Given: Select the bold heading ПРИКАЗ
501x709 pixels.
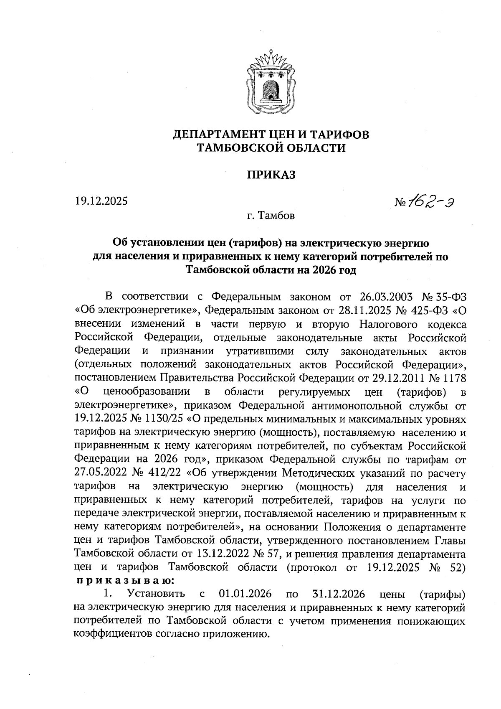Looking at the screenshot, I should [x=271, y=175].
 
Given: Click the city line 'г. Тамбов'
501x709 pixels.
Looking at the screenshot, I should [x=271, y=216].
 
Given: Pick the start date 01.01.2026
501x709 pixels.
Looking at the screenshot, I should [x=245, y=594].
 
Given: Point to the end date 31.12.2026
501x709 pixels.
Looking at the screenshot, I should [x=339, y=594].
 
